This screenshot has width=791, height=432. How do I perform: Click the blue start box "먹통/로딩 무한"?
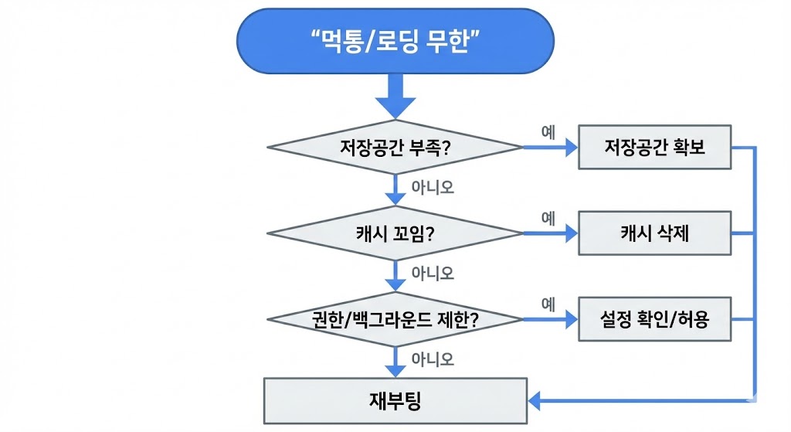tap(395, 42)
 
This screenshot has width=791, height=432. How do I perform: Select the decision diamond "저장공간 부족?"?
tap(395, 147)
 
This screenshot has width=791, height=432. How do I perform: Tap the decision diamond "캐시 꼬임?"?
tap(395, 233)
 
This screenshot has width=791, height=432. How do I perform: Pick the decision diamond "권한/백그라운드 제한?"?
tap(395, 319)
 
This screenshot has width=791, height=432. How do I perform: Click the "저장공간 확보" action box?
tap(654, 147)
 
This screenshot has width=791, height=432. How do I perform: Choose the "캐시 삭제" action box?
tap(654, 233)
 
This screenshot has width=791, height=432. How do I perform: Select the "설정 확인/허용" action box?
tap(654, 319)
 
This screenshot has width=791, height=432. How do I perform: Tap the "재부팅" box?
tap(395, 401)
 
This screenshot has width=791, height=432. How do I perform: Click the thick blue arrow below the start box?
tap(395, 99)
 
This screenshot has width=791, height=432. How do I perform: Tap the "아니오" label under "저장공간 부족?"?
tap(433, 188)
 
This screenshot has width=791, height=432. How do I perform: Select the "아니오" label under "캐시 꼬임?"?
tap(433, 274)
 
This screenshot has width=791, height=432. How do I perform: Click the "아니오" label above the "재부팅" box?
tap(433, 359)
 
